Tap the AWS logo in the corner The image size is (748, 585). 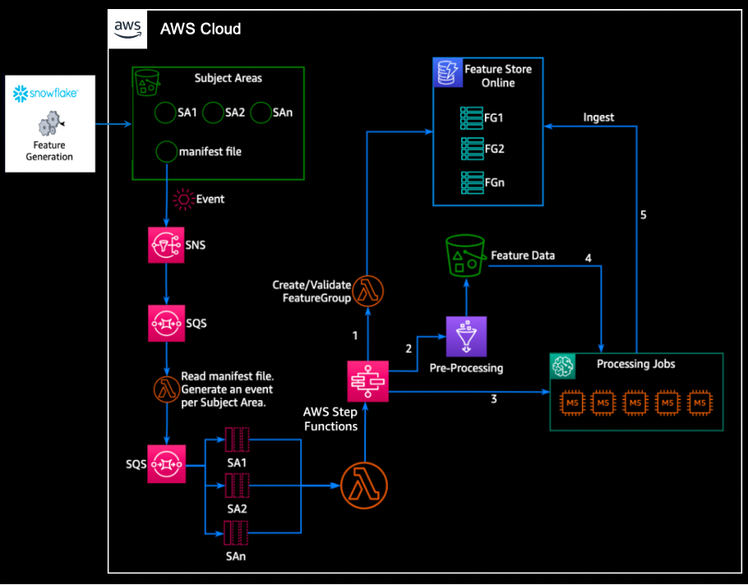click(127, 28)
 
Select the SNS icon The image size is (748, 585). click(167, 246)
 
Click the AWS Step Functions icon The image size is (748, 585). click(366, 380)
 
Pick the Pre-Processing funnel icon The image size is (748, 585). click(466, 336)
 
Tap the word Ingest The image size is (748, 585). click(598, 117)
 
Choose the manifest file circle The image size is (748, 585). click(167, 151)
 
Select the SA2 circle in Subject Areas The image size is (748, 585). click(213, 113)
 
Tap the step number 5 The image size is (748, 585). click(644, 215)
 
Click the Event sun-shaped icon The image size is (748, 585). click(182, 200)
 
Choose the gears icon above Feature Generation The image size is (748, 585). click(48, 124)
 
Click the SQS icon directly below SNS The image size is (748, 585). click(167, 322)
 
